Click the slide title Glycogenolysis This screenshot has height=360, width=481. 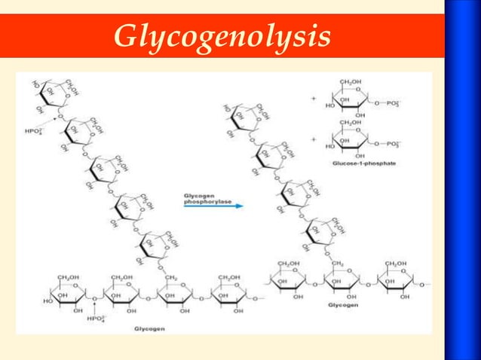point(223,36)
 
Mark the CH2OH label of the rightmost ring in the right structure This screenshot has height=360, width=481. point(397,262)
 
